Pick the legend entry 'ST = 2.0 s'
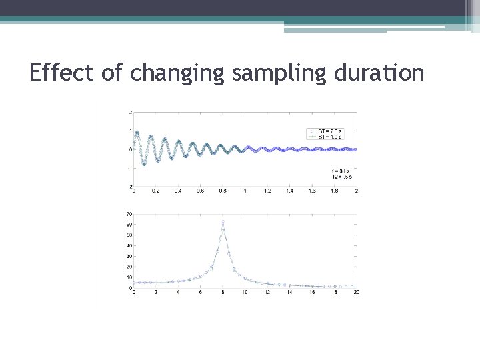[x=330, y=131]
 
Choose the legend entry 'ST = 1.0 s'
[x=330, y=136]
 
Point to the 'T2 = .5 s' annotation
[x=340, y=177]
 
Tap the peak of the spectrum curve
[x=223, y=221]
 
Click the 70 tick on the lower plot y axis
[x=129, y=215]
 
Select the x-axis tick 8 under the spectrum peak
[x=223, y=293]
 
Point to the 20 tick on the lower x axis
[x=356, y=293]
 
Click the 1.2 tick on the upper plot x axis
[x=267, y=191]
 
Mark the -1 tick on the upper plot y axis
[x=129, y=168]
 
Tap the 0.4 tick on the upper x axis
[x=178, y=191]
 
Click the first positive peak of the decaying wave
[x=137, y=132]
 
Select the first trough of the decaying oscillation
[x=143, y=164]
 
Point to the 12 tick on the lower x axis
[x=267, y=293]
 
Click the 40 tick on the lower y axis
[x=129, y=246]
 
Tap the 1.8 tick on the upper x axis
[x=334, y=191]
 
